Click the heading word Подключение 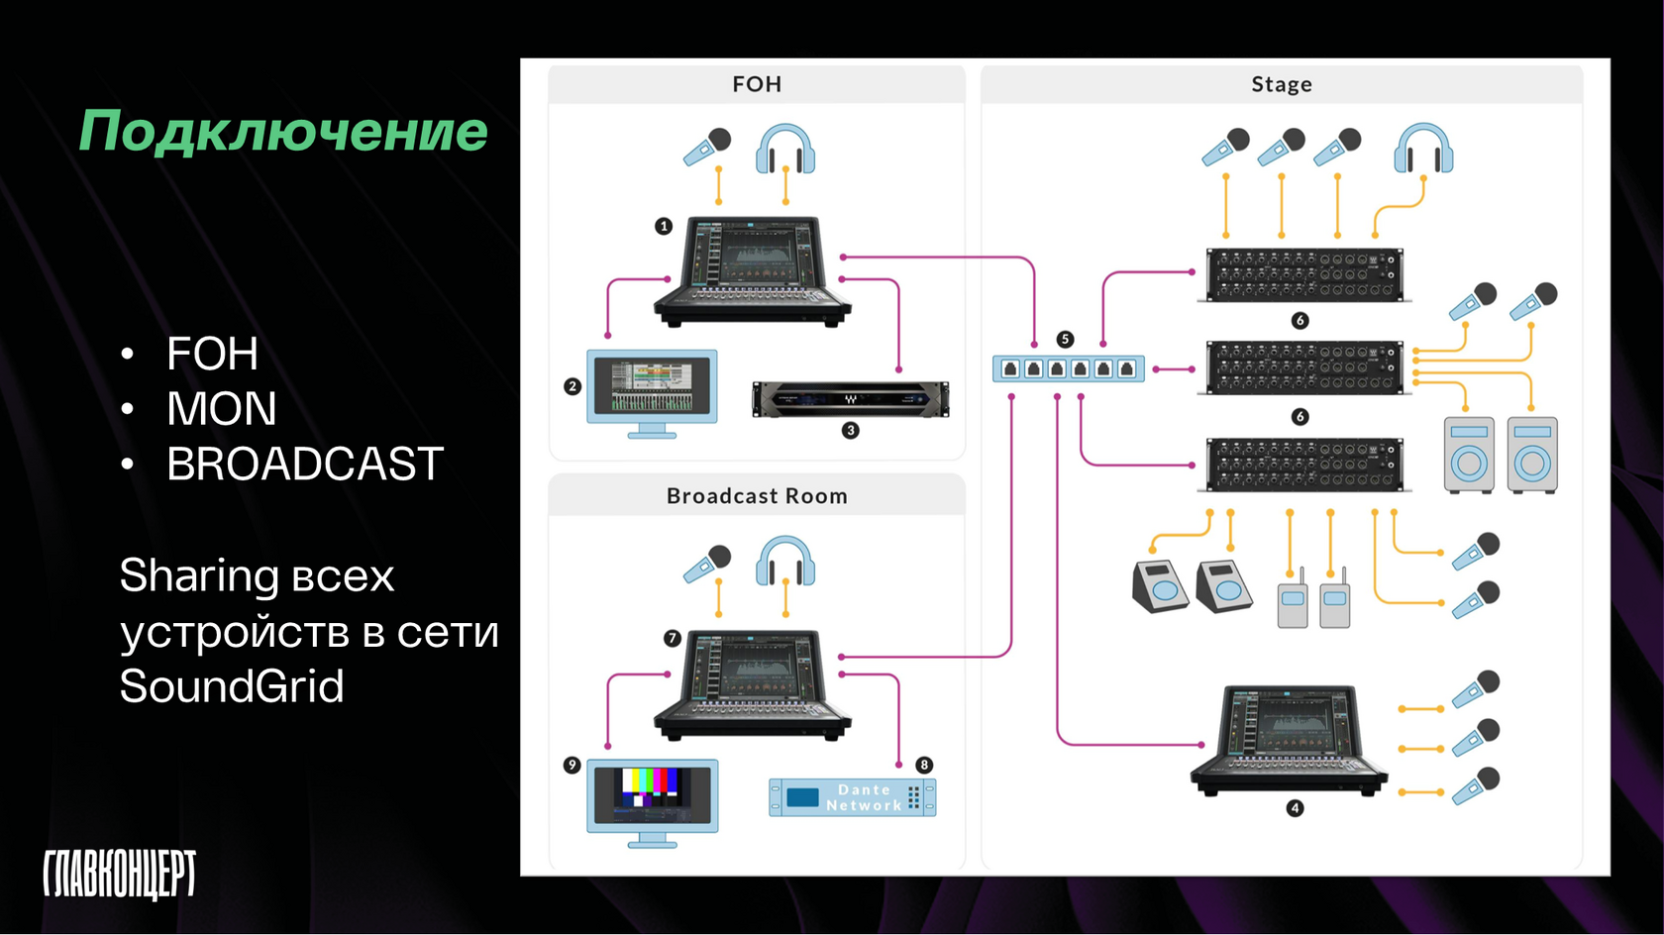coord(283,132)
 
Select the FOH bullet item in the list coord(212,354)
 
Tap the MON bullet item coord(221,409)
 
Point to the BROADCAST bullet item coord(304,465)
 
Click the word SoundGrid coord(232,686)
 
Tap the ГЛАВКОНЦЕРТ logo coord(119,874)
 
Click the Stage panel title coord(1281,84)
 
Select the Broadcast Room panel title coord(757,496)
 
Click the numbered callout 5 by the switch coord(1065,339)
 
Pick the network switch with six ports coord(1069,369)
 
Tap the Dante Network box coord(853,797)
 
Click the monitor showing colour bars coord(652,799)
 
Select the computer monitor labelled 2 coord(652,390)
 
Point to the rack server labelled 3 coord(850,399)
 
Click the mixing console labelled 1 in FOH coord(753,269)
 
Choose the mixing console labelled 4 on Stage coord(1290,739)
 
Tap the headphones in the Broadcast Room coord(785,562)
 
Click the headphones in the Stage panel coord(1423,149)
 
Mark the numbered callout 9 coord(572,765)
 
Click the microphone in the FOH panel coord(707,148)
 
